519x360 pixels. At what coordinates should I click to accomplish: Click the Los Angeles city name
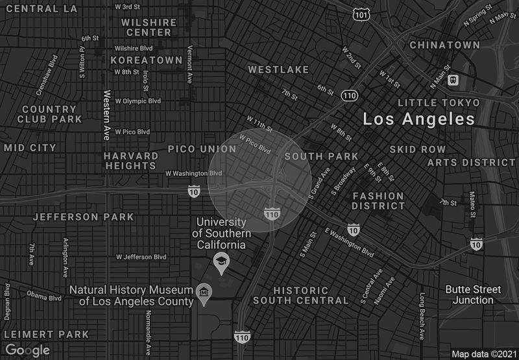[418, 119]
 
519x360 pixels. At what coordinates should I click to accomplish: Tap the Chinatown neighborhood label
[444, 45]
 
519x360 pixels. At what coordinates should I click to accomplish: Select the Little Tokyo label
[439, 102]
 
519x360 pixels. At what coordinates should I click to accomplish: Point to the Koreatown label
[146, 60]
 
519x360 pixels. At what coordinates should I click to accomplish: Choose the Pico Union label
[202, 149]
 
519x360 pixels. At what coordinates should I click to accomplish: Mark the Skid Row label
[418, 149]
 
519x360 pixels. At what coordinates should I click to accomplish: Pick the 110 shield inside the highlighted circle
[272, 213]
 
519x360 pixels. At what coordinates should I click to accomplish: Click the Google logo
[27, 350]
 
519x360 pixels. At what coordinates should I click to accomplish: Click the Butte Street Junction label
[473, 294]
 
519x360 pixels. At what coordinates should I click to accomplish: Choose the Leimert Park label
[46, 334]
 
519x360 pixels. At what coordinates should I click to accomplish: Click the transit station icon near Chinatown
[453, 80]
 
